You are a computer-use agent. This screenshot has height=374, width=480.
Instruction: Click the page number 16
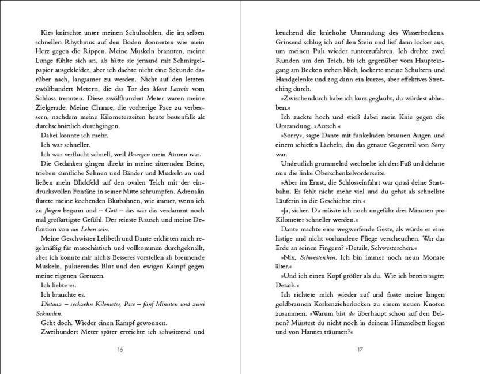120,350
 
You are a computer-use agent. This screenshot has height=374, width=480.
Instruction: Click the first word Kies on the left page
43,33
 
